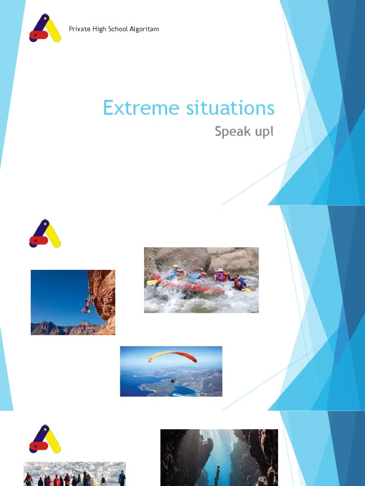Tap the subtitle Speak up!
click(244, 131)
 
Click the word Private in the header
click(79, 29)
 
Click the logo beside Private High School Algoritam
click(45, 28)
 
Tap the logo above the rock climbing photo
click(45, 234)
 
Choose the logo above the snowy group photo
click(45, 439)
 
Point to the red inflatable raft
click(190, 286)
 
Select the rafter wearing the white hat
click(220, 275)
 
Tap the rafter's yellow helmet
click(175, 267)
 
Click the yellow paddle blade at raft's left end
click(151, 282)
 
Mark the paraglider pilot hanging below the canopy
click(173, 381)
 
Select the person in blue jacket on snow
click(122, 478)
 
